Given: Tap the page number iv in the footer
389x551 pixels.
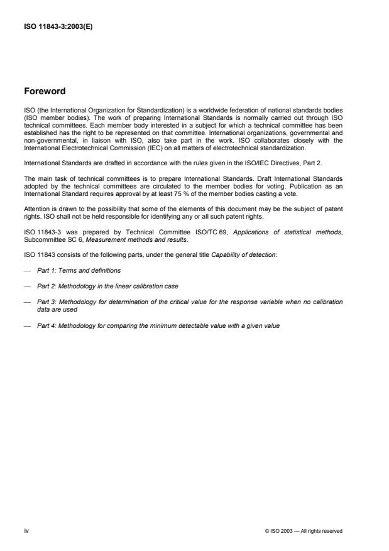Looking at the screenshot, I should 26,531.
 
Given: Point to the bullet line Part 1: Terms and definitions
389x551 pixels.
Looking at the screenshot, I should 79,270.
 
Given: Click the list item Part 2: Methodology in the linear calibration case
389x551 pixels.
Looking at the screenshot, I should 104,286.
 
